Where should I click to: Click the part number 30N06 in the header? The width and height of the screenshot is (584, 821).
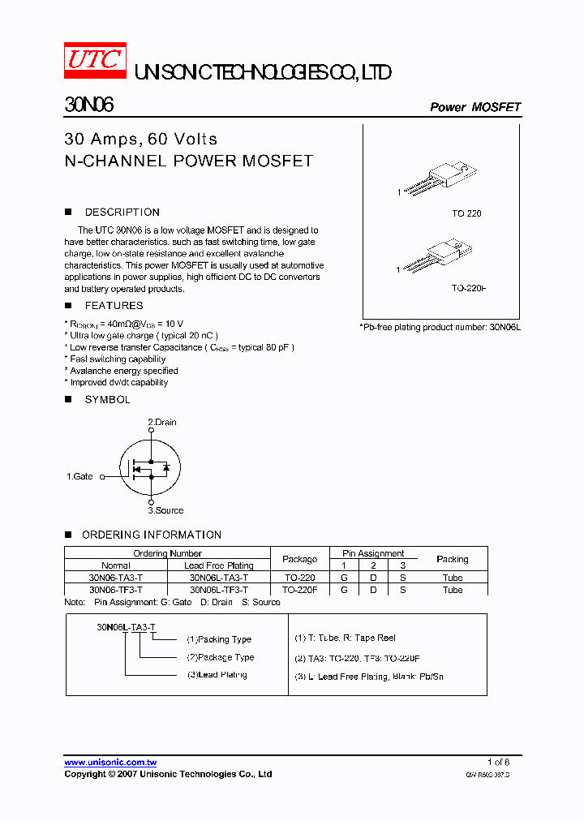coord(88,105)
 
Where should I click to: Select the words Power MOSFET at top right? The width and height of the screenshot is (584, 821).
coord(474,107)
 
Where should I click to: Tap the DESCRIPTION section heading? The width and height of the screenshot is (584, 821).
coord(122,213)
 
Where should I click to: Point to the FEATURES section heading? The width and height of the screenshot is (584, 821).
coord(114,306)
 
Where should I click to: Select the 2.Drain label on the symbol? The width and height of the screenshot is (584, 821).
coord(161,423)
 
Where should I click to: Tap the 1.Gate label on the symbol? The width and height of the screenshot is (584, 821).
coord(79,477)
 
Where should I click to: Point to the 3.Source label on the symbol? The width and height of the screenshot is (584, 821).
coord(165,510)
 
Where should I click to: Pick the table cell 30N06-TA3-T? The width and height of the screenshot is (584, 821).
coord(115,578)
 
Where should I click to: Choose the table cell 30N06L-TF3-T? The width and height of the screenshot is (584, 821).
coord(218,590)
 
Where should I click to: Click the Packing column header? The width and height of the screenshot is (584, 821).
coord(452,559)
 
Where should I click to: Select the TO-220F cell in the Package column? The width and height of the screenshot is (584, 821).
coord(300,590)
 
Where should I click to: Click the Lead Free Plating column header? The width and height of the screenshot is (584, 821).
coord(218,565)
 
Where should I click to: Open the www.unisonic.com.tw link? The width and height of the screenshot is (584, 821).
coord(110,763)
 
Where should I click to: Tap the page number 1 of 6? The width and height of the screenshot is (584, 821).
coord(498,763)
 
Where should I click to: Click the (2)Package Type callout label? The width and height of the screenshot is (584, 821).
coord(221,657)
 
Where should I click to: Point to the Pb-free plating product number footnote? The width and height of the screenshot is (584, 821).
coord(440,326)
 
